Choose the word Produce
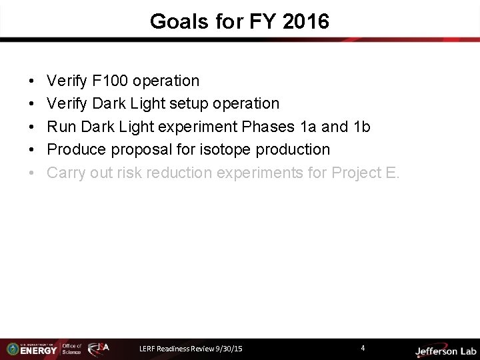[x=76, y=149]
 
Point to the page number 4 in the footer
[x=362, y=348]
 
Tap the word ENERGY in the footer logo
[x=39, y=351]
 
